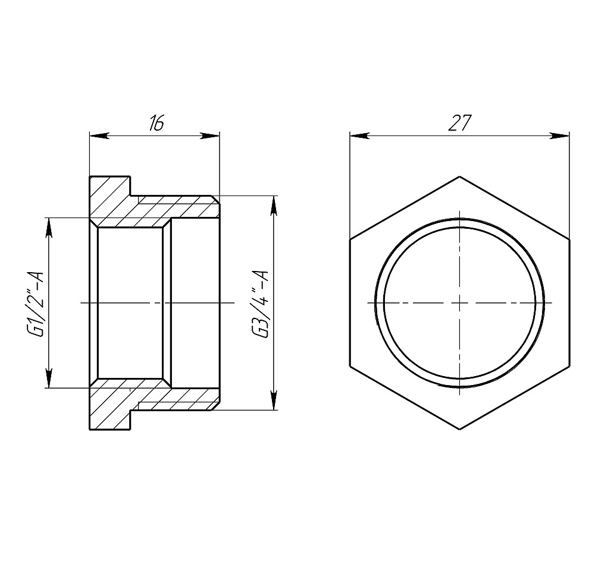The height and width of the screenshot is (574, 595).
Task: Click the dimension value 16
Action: click(x=156, y=124)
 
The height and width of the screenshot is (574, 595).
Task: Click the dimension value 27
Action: click(x=459, y=123)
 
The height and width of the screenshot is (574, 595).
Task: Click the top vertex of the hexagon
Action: click(x=459, y=176)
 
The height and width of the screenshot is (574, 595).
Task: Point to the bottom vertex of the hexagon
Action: click(x=459, y=430)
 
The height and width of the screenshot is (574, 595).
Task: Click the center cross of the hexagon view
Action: click(x=459, y=303)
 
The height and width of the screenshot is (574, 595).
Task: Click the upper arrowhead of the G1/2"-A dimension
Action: click(x=48, y=226)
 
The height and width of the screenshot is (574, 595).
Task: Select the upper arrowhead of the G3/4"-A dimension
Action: click(x=274, y=205)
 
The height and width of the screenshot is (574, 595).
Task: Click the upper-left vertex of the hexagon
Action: click(x=350, y=239)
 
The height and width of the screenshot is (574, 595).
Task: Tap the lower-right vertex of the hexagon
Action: click(x=569, y=366)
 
